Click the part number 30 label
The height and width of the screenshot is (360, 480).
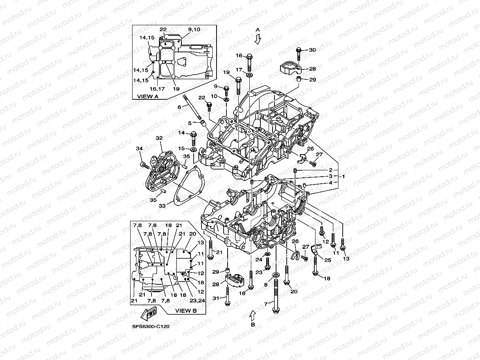coord(312,50)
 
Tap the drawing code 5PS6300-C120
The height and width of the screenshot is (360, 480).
coord(151,326)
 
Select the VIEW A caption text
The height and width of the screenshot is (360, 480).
coord(148,96)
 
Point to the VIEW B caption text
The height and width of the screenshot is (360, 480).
coord(186,310)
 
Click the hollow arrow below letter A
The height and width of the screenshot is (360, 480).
coord(258,39)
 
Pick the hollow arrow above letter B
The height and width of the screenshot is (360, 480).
coord(252,315)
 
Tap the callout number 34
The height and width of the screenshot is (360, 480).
coord(139,148)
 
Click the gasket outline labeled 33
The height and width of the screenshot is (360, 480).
coord(189,186)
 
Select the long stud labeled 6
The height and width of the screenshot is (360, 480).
coord(192,107)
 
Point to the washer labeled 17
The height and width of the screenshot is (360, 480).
coord(250,75)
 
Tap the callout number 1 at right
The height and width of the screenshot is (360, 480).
coord(343,176)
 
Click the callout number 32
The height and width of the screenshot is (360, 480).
coord(159,138)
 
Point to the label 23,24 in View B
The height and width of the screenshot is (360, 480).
coord(197,300)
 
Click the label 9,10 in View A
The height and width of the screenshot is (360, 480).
coord(194,29)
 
